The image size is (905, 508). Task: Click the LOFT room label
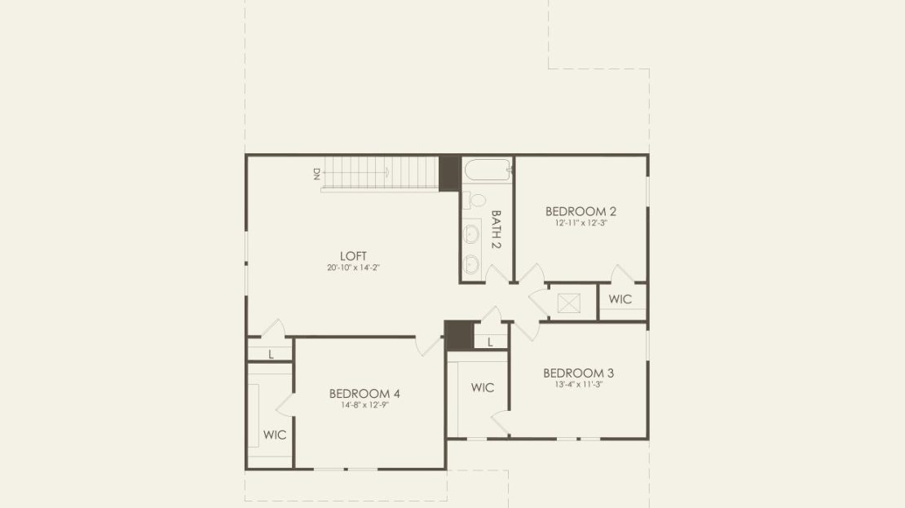353,256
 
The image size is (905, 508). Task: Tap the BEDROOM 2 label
581,211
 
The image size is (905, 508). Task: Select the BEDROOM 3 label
578,373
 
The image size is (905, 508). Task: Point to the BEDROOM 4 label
364,394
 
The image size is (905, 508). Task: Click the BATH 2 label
496,229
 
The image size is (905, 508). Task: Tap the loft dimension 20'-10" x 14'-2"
353,267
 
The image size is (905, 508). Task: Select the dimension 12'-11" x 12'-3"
581,223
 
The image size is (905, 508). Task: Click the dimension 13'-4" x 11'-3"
578,384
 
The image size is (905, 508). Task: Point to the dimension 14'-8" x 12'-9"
364,405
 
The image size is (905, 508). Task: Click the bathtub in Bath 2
488,170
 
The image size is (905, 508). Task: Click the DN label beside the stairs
316,174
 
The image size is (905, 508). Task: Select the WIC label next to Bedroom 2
620,299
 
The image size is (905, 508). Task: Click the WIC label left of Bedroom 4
274,435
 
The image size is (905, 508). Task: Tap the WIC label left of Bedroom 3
482,387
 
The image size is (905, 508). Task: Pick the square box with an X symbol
568,303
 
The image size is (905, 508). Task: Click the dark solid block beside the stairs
449,173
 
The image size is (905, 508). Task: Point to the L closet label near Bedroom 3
490,342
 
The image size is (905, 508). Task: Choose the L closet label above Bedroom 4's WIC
271,355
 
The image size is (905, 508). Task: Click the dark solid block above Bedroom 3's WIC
459,335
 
